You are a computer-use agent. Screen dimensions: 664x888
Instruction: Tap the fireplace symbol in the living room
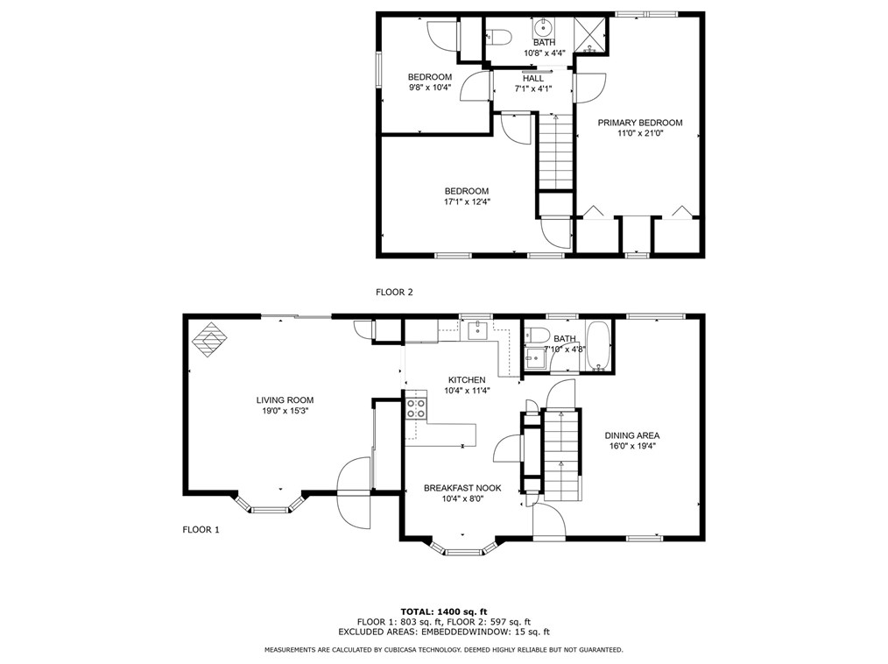coord(210,341)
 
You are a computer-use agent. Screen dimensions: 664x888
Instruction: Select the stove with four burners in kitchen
coord(416,407)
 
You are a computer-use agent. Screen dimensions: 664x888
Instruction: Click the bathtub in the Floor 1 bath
coord(601,348)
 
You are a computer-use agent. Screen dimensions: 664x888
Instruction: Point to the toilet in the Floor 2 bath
coord(497,37)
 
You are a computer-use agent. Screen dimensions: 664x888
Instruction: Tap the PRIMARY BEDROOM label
coord(639,123)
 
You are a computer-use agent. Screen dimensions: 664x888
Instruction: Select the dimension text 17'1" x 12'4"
coord(466,202)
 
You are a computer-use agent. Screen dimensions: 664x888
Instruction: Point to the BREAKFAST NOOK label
coord(462,488)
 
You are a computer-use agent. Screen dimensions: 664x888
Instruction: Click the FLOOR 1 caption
coord(201,529)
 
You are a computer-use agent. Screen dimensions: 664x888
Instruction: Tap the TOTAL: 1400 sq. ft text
coord(443,611)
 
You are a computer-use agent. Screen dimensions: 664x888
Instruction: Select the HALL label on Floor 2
coord(532,78)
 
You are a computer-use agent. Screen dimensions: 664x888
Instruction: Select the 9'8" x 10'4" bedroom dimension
coord(429,88)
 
